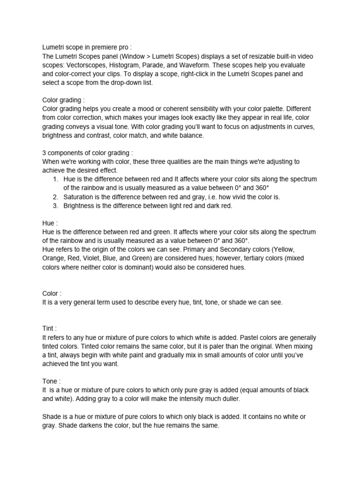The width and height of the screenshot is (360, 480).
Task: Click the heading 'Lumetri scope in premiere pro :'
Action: [87, 47]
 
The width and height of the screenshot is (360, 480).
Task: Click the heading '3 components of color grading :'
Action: [88, 153]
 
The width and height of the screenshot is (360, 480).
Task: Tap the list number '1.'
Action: [55, 179]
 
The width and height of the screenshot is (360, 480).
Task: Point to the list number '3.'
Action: [55, 206]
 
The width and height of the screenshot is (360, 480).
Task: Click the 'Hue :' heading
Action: [50, 224]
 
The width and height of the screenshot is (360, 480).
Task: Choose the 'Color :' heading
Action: [52, 294]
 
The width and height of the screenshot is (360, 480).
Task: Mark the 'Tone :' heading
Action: [52, 382]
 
